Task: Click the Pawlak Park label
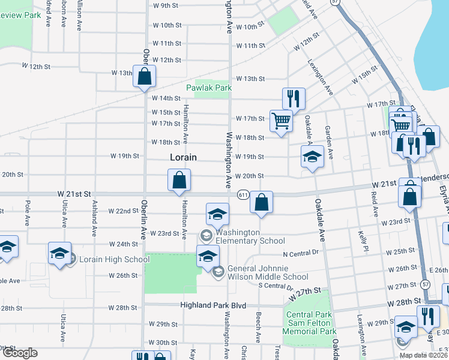[208, 88]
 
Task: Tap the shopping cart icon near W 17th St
[281, 121]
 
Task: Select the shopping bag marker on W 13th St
[144, 76]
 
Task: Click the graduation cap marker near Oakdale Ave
[312, 157]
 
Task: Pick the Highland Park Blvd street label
[214, 305]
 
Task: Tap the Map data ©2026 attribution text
[423, 355]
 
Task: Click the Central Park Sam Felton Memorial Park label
[311, 323]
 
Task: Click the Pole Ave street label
[28, 214]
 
